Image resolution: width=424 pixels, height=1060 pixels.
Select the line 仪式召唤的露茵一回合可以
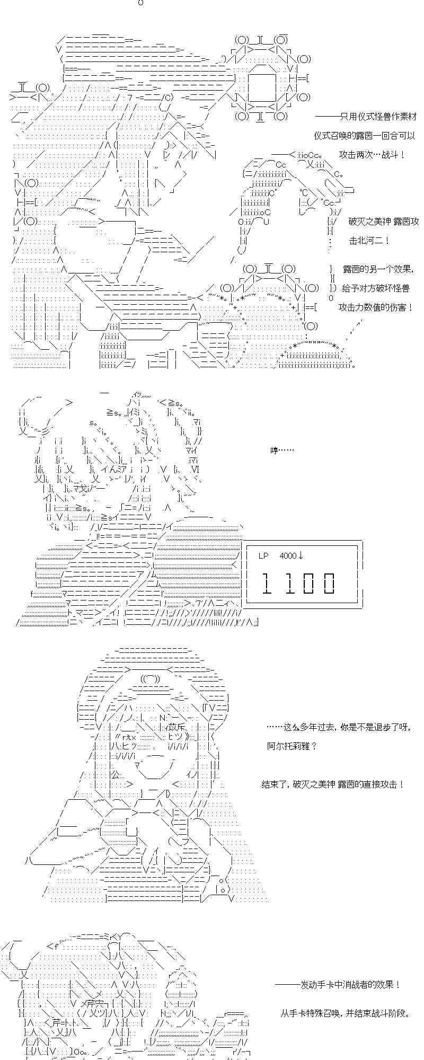tap(364, 136)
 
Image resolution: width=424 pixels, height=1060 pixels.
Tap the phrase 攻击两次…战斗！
tap(373, 155)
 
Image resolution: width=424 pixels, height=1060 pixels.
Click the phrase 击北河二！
tap(369, 241)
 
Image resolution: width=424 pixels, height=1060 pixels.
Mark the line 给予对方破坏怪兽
tap(376, 288)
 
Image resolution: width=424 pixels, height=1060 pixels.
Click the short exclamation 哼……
tap(281, 450)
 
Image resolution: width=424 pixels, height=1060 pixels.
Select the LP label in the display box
tap(263, 555)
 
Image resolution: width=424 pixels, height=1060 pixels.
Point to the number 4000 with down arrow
tap(291, 555)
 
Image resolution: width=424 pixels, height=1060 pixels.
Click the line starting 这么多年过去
tap(339, 728)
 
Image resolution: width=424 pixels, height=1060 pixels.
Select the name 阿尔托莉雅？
tap(291, 746)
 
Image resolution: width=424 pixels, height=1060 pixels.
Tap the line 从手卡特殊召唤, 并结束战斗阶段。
tap(345, 1013)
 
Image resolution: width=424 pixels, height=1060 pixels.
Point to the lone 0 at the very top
tap(140, 3)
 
